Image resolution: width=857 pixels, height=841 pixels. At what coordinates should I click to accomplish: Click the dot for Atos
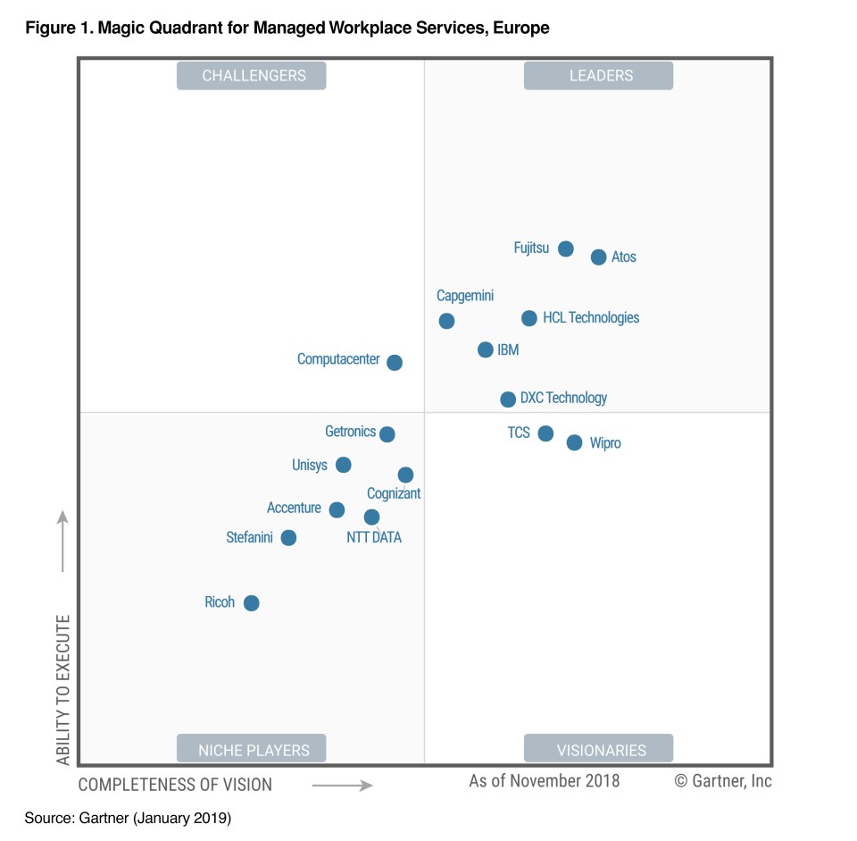point(598,257)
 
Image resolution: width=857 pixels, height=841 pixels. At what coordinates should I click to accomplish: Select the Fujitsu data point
point(565,248)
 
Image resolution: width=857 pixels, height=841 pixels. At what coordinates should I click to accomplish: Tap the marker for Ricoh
point(252,603)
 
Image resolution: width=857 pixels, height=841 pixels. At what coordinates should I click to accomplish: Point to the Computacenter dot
point(395,363)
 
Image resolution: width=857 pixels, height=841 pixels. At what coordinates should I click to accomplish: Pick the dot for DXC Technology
point(508,399)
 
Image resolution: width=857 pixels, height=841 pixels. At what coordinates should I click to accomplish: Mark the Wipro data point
point(574,442)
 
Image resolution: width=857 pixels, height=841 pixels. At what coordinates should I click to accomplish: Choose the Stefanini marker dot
point(288,538)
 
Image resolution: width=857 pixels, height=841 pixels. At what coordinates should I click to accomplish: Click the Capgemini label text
point(465,296)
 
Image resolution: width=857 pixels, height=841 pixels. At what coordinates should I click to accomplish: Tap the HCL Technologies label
point(591,317)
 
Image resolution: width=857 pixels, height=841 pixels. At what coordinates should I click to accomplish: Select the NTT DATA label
point(374,537)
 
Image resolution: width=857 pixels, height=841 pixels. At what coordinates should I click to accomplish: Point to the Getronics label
point(350,432)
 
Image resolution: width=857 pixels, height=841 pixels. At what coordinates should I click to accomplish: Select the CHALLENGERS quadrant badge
point(253,76)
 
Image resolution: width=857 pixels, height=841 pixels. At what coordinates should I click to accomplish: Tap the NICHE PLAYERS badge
point(253,749)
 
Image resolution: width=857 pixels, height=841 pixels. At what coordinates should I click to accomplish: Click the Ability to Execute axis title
point(63,689)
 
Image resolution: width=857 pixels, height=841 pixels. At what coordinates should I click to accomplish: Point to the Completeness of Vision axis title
point(175,785)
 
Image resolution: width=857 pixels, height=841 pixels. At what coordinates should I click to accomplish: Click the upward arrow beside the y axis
point(63,541)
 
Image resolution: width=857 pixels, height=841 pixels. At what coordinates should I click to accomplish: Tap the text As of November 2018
point(544,781)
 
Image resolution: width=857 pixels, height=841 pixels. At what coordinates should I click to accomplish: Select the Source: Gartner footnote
point(128,818)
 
